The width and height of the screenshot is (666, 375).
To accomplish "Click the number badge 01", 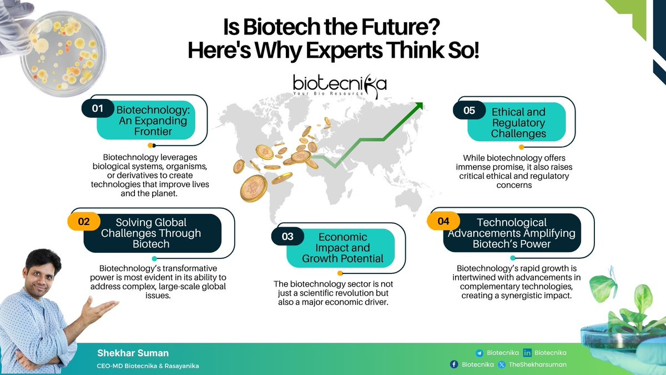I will click(x=98, y=109).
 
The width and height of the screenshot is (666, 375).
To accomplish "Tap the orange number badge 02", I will click(x=84, y=221).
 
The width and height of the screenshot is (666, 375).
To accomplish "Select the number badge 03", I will click(x=287, y=237).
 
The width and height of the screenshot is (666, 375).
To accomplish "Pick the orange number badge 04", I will click(x=443, y=221).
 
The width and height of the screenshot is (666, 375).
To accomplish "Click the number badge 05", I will click(x=470, y=110).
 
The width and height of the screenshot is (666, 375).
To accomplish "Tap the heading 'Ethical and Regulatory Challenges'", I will click(x=518, y=123).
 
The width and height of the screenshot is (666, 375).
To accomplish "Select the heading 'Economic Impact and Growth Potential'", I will click(x=342, y=248).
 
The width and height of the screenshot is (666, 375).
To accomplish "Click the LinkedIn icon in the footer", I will click(x=527, y=353).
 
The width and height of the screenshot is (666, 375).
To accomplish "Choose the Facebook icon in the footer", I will click(x=454, y=364).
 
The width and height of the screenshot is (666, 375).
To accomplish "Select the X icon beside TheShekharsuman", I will click(x=502, y=364).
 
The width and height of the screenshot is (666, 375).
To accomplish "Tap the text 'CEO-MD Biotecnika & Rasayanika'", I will click(x=148, y=366).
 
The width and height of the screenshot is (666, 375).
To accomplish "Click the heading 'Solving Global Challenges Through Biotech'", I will click(x=151, y=233).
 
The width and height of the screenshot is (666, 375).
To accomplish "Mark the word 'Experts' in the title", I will click(x=319, y=51).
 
